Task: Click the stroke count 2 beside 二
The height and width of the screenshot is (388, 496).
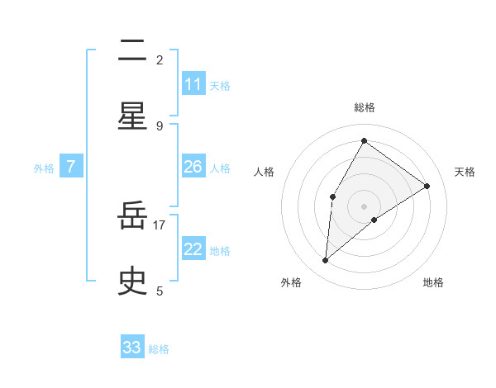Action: pyautogui.click(x=160, y=59)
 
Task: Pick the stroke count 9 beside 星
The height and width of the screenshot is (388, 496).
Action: pyautogui.click(x=160, y=125)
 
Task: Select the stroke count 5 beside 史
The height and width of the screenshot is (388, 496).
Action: pyautogui.click(x=160, y=291)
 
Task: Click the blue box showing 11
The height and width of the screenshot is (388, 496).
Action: pyautogui.click(x=193, y=84)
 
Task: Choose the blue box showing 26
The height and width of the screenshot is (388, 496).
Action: pyautogui.click(x=193, y=168)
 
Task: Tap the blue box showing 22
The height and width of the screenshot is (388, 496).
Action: pyautogui.click(x=193, y=250)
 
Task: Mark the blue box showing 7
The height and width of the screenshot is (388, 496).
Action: pyautogui.click(x=71, y=168)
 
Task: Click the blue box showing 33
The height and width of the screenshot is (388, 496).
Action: pyautogui.click(x=132, y=348)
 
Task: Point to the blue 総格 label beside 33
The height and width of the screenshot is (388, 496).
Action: pyautogui.click(x=159, y=349)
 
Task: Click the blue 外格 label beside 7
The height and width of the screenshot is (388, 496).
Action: pyautogui.click(x=44, y=168)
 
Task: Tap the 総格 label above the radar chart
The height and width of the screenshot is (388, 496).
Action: pyautogui.click(x=364, y=107)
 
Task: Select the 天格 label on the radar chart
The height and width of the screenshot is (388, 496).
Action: pyautogui.click(x=465, y=172)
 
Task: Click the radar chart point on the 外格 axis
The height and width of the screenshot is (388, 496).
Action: pyautogui.click(x=326, y=261)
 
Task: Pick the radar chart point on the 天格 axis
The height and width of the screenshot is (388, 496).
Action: pyautogui.click(x=427, y=186)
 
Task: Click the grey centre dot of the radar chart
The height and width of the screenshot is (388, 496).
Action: pyautogui.click(x=364, y=206)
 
